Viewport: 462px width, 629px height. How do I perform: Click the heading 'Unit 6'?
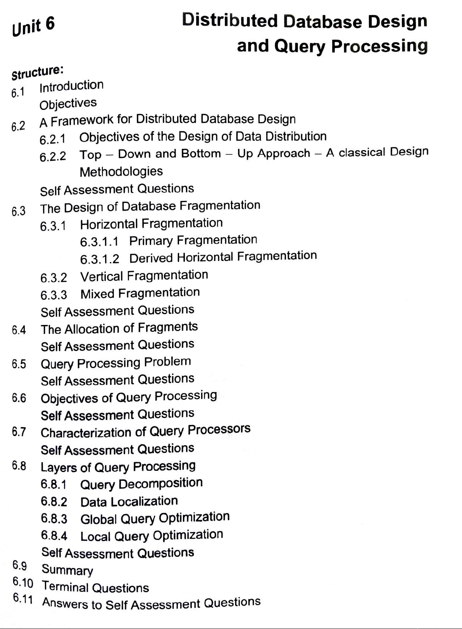33,26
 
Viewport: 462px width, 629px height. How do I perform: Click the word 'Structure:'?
37,72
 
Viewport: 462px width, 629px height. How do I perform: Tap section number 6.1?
18,93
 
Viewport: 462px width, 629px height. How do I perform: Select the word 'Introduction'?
71,86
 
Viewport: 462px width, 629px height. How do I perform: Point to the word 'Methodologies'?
121,171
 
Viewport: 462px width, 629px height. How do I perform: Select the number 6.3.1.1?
99,242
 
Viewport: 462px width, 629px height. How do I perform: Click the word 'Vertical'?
102,276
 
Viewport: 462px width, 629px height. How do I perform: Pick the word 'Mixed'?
97,294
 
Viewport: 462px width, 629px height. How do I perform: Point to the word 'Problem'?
167,361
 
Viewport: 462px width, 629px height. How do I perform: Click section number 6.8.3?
54,518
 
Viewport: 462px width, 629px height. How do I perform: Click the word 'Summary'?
67,570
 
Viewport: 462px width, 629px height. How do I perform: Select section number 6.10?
23,582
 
